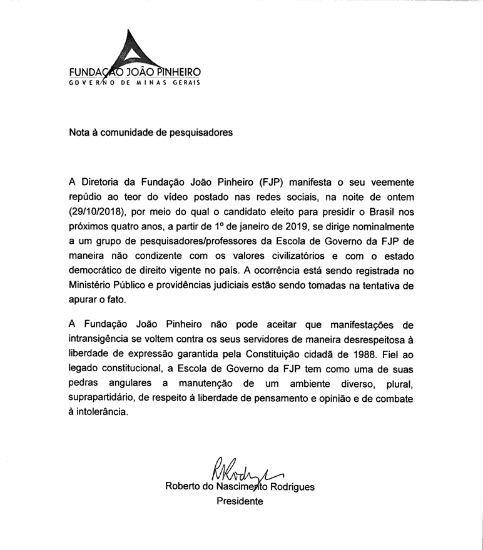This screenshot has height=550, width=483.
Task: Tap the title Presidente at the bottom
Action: click(x=240, y=501)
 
